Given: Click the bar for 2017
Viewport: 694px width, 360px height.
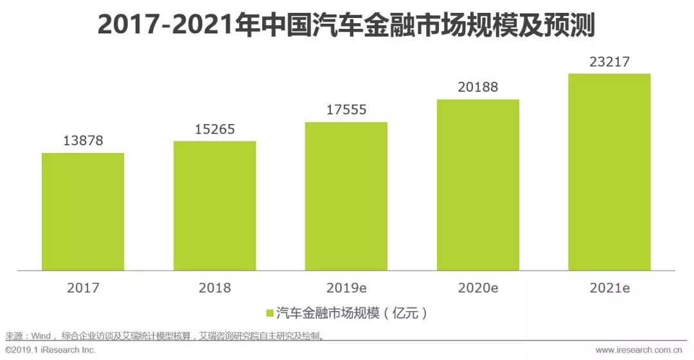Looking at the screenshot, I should [83, 212].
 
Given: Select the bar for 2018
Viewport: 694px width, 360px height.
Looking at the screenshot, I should [215, 206].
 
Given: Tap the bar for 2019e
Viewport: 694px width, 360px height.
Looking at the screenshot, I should [346, 196].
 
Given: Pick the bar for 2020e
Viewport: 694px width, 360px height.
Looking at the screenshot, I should [478, 184].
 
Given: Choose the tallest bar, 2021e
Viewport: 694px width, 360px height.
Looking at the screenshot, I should [609, 172].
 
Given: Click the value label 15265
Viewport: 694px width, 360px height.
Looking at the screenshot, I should [215, 129].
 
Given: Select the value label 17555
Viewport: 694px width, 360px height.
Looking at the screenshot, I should [346, 110].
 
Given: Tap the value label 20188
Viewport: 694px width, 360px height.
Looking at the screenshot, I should [478, 87].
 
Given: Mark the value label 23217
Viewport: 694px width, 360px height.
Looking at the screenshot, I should [609, 62].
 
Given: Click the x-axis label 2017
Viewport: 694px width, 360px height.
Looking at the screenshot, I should [83, 288].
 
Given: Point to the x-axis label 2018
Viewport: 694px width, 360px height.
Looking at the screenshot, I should [215, 288].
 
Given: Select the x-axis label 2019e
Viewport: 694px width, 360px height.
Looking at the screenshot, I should [346, 288].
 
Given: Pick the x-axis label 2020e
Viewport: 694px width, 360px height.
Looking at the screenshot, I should [478, 288].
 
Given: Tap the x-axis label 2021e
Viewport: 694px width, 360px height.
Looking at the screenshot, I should [609, 288].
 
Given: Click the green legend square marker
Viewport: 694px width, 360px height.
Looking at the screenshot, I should [270, 313].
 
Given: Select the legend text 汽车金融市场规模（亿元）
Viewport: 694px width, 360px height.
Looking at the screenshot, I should [351, 313].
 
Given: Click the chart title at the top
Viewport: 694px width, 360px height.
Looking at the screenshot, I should [346, 26].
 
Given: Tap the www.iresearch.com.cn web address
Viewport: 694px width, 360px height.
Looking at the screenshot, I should [641, 350].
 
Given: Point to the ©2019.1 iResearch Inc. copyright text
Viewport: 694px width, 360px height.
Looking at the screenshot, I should [51, 350].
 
